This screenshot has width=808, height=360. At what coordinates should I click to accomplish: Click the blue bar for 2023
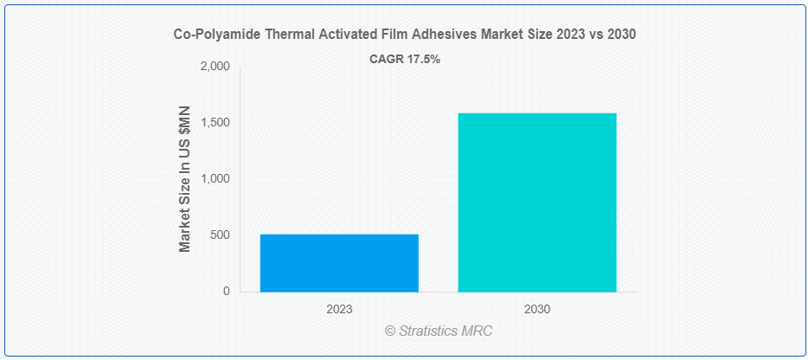(x=339, y=263)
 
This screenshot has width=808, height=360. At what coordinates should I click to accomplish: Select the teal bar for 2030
(x=537, y=202)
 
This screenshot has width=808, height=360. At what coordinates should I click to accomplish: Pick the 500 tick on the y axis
(x=221, y=235)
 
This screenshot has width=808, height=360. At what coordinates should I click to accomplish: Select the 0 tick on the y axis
(x=227, y=292)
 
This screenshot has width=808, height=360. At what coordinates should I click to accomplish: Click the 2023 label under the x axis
(x=339, y=310)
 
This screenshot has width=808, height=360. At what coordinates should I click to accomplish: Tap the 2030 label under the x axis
(x=537, y=310)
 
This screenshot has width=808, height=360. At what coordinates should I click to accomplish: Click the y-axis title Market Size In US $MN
(x=185, y=179)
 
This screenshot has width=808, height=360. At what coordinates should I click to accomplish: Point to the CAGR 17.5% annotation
(x=405, y=60)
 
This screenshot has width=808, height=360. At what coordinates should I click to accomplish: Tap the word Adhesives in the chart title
(x=398, y=35)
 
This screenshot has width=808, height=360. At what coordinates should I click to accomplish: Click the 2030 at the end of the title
(x=622, y=35)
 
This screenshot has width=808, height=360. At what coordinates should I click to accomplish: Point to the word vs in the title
(x=599, y=35)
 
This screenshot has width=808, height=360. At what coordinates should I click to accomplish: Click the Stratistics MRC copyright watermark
(x=439, y=331)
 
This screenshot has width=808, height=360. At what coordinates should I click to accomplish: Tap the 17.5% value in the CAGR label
(x=422, y=60)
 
